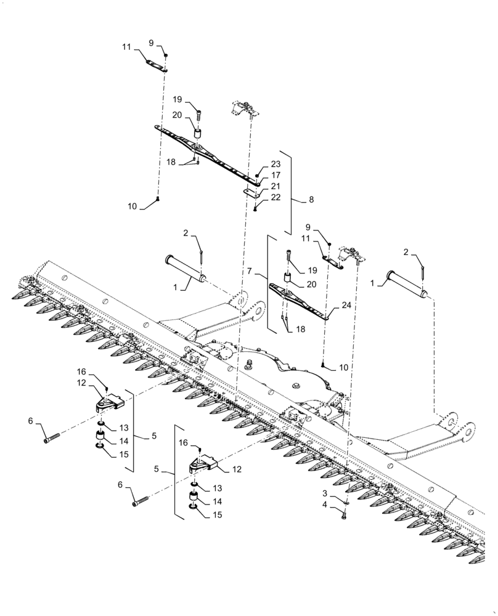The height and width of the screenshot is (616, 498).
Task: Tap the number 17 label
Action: click(x=276, y=175)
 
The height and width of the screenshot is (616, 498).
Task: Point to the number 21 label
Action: click(x=276, y=186)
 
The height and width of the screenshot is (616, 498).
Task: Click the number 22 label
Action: click(x=276, y=197)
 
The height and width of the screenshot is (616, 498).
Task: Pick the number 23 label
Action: click(x=276, y=164)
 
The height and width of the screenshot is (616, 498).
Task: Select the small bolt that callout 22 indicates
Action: click(x=255, y=209)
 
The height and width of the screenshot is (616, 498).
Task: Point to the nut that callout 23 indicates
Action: click(x=258, y=175)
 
